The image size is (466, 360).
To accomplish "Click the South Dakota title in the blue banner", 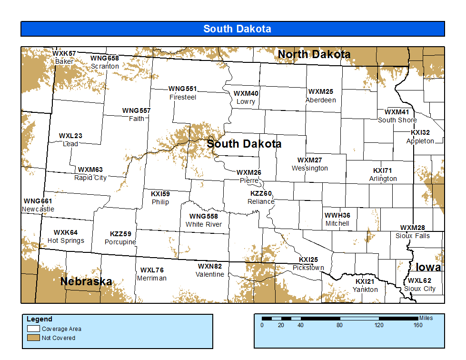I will (x=237, y=29).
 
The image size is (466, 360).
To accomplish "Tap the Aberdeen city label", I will (x=320, y=100).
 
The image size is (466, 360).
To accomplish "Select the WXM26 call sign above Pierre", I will (x=249, y=172).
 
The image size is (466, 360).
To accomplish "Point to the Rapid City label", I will (x=90, y=178).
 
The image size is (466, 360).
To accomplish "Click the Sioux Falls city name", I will (x=412, y=236).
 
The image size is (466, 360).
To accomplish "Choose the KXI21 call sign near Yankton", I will (x=365, y=281).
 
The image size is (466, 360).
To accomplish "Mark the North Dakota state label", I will (x=314, y=54).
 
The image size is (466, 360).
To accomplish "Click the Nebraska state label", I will (x=86, y=281).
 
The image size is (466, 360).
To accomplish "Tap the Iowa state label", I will (x=428, y=267).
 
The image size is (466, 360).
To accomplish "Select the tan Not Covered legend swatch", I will (x=33, y=338).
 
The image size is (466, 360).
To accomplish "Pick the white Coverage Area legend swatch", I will (x=33, y=329).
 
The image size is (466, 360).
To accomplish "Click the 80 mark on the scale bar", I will (x=340, y=325).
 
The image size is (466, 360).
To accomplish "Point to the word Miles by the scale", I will (x=426, y=318).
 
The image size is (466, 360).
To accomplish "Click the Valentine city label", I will (x=209, y=274).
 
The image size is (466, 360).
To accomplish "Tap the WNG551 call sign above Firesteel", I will (x=182, y=89).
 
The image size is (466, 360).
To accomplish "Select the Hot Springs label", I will (x=66, y=240).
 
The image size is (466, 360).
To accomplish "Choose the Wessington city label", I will (x=309, y=168).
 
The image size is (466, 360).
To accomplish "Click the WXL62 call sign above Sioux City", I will (x=419, y=280).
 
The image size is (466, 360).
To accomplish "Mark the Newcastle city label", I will (x=38, y=209).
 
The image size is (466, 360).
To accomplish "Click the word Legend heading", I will (x=40, y=319).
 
